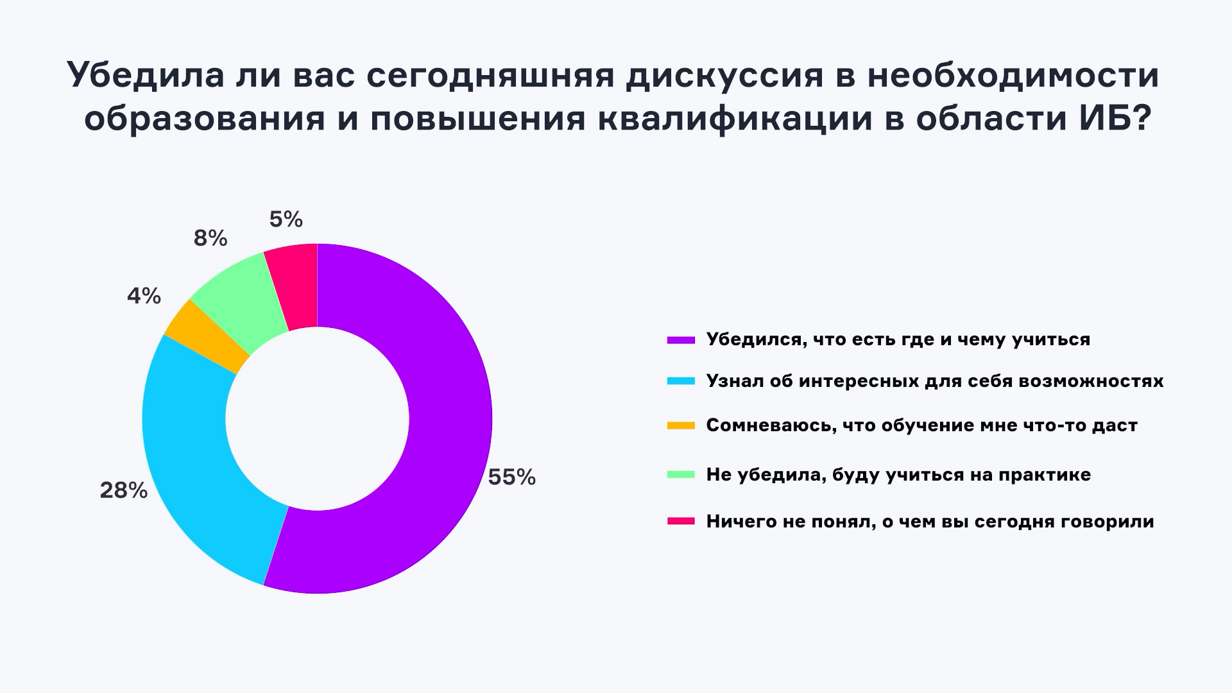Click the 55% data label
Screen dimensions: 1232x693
click(511, 477)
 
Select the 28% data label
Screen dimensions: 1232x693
click(123, 491)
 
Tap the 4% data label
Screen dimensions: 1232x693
click(144, 296)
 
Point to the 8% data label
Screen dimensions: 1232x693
click(210, 239)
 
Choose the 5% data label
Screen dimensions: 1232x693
click(286, 220)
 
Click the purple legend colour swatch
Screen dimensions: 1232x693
click(681, 339)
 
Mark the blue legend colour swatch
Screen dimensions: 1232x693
click(681, 381)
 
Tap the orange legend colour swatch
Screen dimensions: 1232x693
click(681, 425)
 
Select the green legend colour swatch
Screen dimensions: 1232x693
click(681, 475)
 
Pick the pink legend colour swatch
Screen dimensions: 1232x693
click(681, 522)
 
